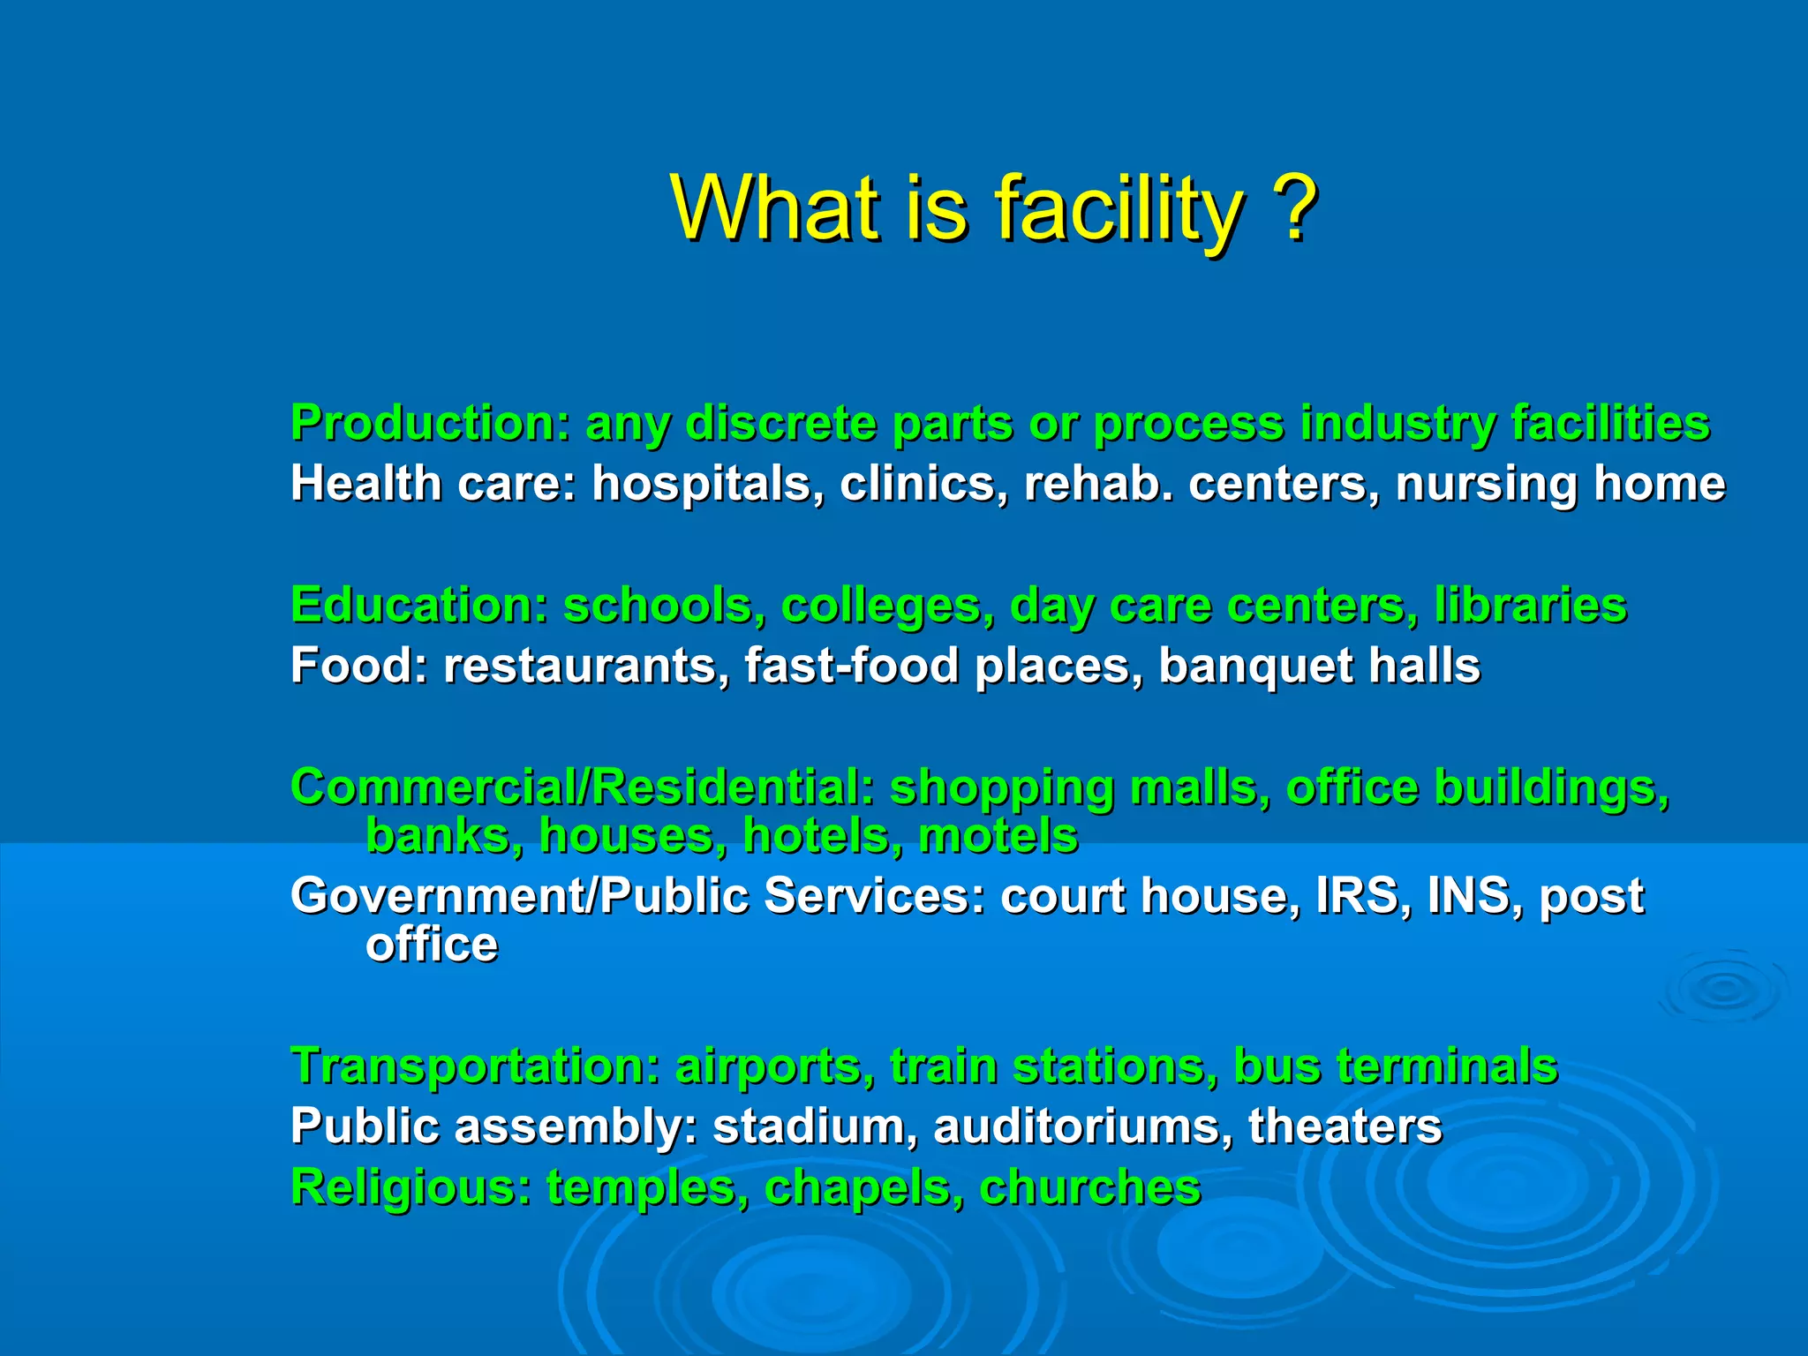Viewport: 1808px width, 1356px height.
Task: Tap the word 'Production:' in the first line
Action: coord(431,423)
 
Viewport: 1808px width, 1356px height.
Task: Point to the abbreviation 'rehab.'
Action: coord(1099,483)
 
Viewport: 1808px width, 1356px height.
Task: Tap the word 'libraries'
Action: coord(1530,605)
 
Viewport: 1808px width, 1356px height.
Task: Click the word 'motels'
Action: coord(998,835)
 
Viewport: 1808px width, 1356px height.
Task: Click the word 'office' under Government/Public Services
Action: coord(432,944)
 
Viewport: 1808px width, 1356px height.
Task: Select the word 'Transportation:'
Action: coord(476,1066)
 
